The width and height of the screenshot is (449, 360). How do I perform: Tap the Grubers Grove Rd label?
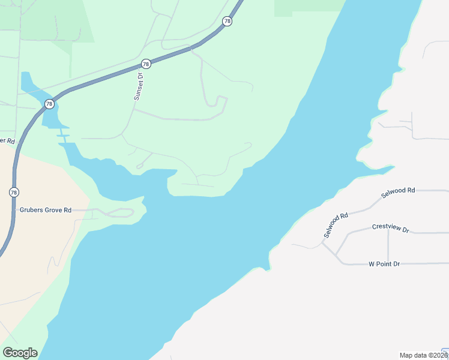[46, 210]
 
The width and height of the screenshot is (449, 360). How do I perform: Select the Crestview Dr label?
[390, 228]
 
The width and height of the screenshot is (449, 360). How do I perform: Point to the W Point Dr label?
[384, 264]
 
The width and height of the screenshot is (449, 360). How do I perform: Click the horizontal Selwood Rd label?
[398, 190]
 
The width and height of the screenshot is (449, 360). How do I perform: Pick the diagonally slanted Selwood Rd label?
[336, 225]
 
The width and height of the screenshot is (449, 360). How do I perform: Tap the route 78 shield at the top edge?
[226, 21]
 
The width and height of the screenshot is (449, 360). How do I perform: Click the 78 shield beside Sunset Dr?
[146, 64]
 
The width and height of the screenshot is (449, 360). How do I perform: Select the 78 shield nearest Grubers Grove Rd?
[14, 192]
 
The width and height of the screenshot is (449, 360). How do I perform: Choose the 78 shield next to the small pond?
[49, 104]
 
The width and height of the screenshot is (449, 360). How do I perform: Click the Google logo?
[20, 353]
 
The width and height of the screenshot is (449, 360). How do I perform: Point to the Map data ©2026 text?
[420, 355]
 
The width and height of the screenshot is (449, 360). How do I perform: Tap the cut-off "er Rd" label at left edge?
[7, 141]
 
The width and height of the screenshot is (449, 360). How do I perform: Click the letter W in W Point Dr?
[372, 264]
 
